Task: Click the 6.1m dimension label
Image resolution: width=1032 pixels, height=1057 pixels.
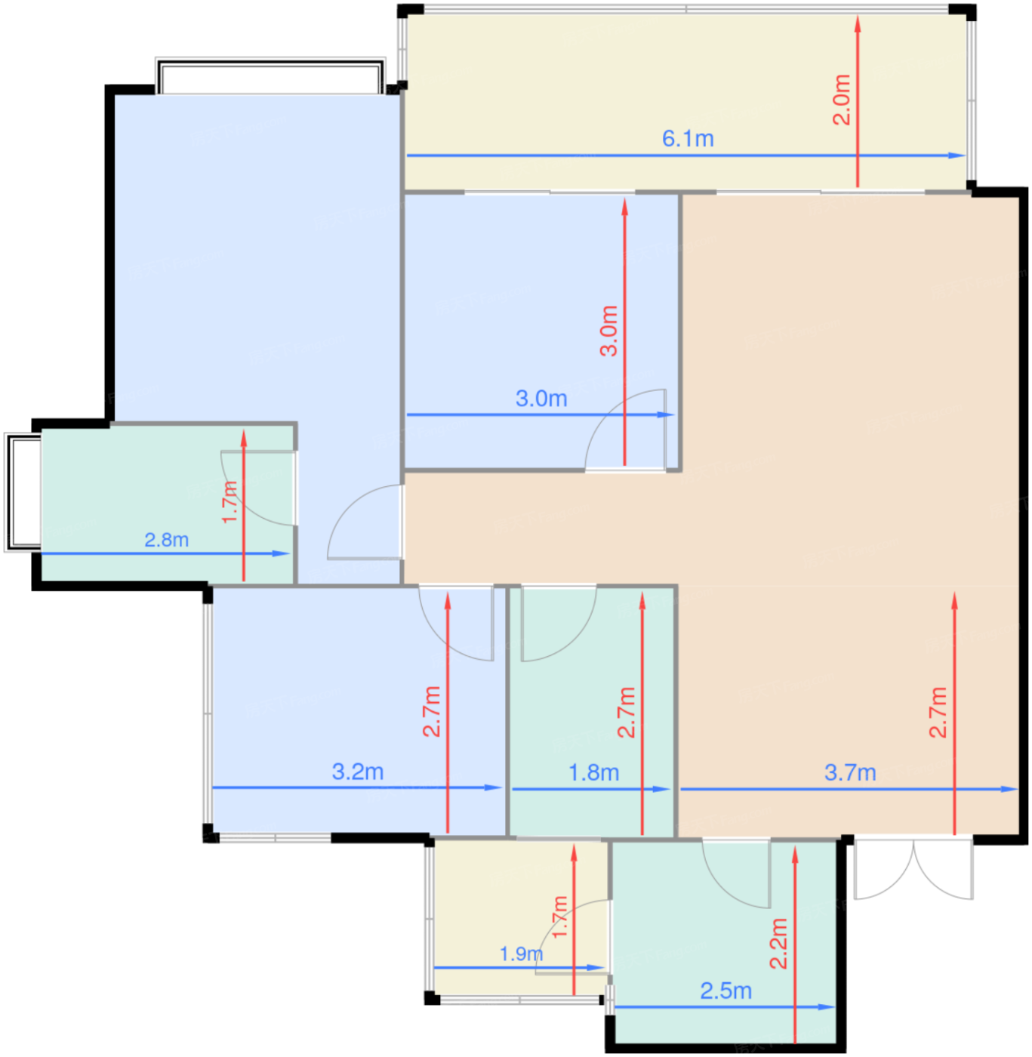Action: click(688, 139)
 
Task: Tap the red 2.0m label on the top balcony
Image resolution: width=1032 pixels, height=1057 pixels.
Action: click(842, 100)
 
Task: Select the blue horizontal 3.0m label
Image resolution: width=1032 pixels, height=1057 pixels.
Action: click(541, 399)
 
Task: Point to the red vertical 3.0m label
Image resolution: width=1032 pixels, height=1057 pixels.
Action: click(608, 331)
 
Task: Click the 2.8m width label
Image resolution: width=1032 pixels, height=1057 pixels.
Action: click(166, 540)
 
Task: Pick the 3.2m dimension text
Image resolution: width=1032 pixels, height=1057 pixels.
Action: click(358, 772)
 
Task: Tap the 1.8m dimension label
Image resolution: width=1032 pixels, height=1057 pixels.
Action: click(593, 772)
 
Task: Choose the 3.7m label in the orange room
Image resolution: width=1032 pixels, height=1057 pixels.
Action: click(850, 772)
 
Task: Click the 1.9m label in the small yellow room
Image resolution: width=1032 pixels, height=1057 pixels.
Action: click(521, 954)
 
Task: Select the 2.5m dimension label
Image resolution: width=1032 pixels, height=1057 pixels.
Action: click(725, 991)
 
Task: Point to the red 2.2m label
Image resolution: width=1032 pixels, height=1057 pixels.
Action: click(778, 944)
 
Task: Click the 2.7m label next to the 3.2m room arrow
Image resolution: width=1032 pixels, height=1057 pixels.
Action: click(431, 711)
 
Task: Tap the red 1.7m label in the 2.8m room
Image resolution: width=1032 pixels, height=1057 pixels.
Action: click(230, 502)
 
